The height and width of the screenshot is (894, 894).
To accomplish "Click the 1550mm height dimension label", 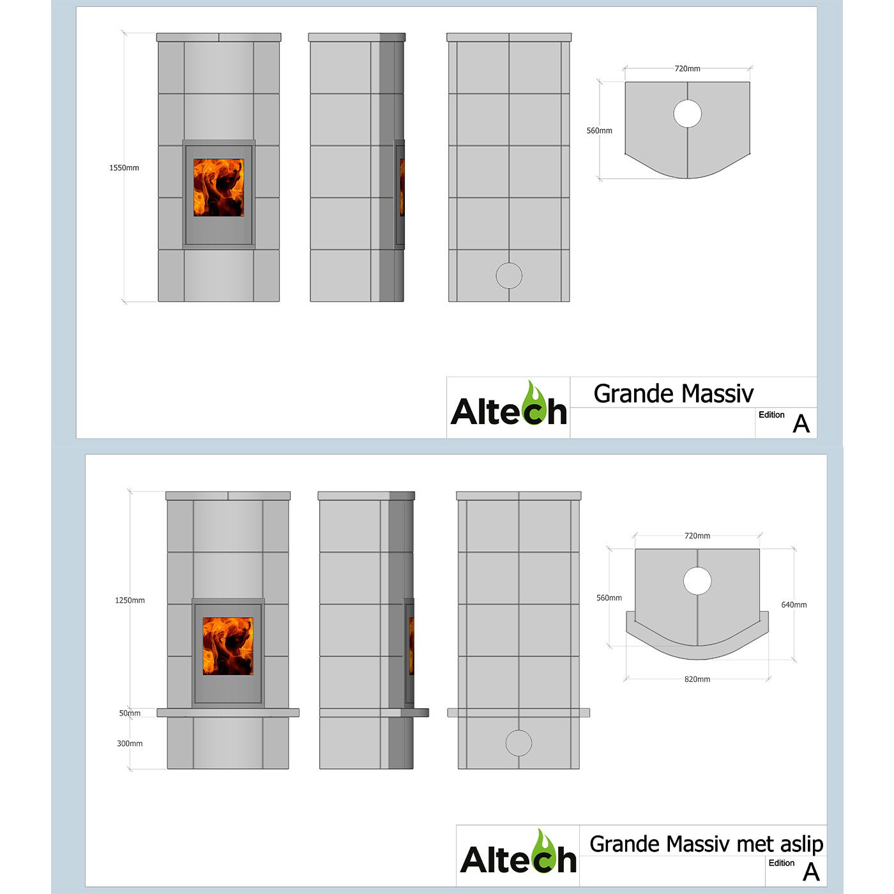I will (x=124, y=168).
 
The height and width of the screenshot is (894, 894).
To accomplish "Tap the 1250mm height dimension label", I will (x=130, y=600).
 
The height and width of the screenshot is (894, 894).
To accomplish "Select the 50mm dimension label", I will (x=130, y=713).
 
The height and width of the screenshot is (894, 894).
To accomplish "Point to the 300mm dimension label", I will (x=130, y=743).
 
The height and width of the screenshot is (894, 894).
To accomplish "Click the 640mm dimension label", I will (x=794, y=605).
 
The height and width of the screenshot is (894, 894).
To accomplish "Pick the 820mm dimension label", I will (x=697, y=679).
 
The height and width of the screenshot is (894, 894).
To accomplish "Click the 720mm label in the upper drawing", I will (x=687, y=69).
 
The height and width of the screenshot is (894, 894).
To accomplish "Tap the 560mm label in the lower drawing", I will (x=609, y=598).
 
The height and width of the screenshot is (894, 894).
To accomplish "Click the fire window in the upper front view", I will (x=219, y=188).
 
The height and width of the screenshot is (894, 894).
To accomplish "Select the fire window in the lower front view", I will (x=228, y=646).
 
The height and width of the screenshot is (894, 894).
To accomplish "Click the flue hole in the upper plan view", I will (x=687, y=114).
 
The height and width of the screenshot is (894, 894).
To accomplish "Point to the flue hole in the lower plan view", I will (x=697, y=581).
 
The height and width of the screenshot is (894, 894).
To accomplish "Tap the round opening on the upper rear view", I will (x=509, y=276).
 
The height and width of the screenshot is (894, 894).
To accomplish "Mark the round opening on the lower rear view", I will (x=519, y=743).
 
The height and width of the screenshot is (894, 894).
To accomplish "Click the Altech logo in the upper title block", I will (x=508, y=407).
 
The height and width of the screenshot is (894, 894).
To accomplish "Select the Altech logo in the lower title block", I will (x=518, y=856).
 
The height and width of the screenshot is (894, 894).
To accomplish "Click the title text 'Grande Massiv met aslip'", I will (x=706, y=844).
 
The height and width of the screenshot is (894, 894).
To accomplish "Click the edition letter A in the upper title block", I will (x=801, y=424).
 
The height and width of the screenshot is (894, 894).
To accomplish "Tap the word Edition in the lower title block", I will (x=781, y=863).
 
